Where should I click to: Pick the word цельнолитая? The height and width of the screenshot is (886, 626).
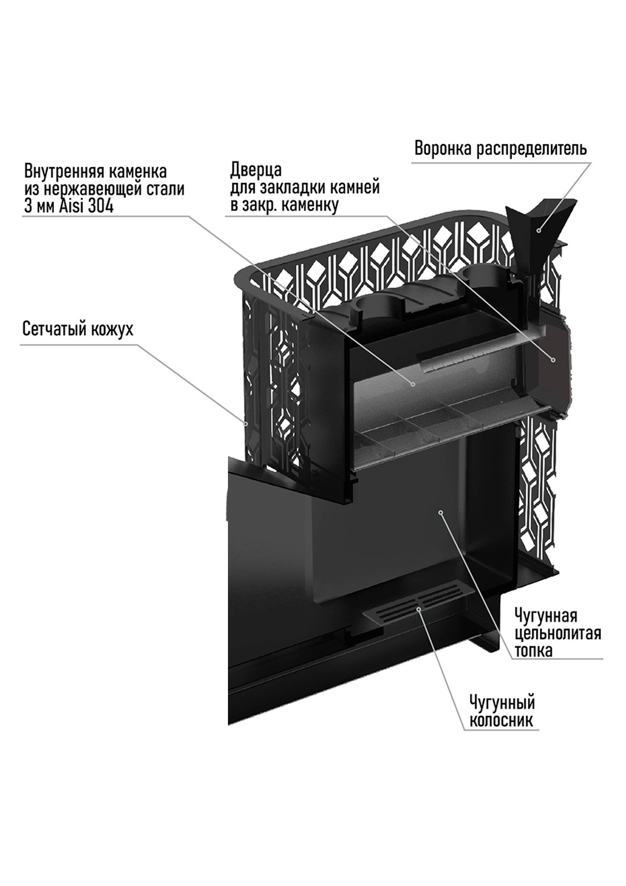[558, 634]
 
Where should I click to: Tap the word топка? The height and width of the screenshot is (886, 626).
[533, 651]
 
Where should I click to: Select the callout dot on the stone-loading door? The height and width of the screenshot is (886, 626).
[553, 359]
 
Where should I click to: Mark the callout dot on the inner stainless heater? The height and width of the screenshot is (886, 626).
[413, 383]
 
